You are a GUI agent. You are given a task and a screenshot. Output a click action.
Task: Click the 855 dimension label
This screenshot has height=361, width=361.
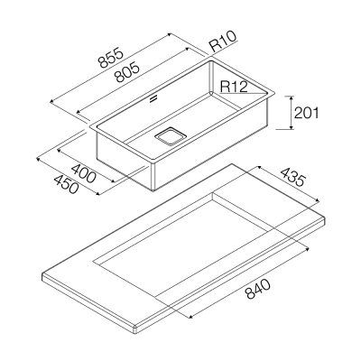tap(111, 57)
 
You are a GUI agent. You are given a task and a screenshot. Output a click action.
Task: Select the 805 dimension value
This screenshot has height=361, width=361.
tap(127, 72)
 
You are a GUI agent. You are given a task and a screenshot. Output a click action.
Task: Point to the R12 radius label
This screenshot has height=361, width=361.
tap(234, 87)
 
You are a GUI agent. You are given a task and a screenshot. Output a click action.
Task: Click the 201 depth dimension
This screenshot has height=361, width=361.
tap(306, 113)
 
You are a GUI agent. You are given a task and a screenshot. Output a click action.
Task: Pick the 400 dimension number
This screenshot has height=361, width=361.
tap(84, 173)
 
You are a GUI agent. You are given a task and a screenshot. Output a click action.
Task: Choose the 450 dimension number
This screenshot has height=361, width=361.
tap(66, 184)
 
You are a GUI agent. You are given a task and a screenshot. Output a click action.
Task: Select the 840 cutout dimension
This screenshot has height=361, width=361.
tap(257, 289)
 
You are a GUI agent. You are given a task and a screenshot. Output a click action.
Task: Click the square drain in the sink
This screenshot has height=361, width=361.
tap(170, 136)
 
